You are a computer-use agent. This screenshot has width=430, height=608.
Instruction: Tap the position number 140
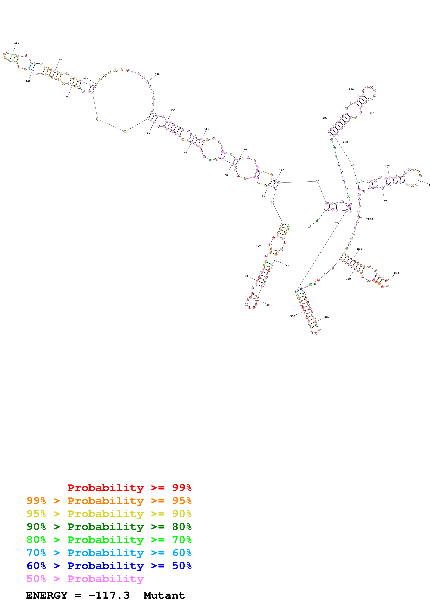[x=157, y=74]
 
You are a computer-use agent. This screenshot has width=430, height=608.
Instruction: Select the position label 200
[x=325, y=118]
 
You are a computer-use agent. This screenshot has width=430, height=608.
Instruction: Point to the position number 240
[x=387, y=166]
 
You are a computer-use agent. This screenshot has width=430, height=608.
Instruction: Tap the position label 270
[x=370, y=219]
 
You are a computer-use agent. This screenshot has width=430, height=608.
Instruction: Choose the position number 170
[x=244, y=150]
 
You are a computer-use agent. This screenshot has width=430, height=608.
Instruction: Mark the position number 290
[x=396, y=273]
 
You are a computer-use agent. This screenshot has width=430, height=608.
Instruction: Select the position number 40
[x=258, y=246]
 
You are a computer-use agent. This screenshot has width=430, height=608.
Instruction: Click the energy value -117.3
[x=109, y=596]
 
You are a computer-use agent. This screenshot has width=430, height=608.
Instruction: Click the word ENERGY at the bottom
[x=47, y=596]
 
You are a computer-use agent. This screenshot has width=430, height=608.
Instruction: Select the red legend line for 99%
[x=129, y=488]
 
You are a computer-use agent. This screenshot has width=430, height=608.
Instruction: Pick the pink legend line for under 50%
[x=85, y=579]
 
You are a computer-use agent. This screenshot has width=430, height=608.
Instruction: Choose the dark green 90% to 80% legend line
[x=109, y=527]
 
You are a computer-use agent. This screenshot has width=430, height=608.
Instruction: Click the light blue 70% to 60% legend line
[x=109, y=553]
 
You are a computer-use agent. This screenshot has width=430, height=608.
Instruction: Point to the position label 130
[x=86, y=78]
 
